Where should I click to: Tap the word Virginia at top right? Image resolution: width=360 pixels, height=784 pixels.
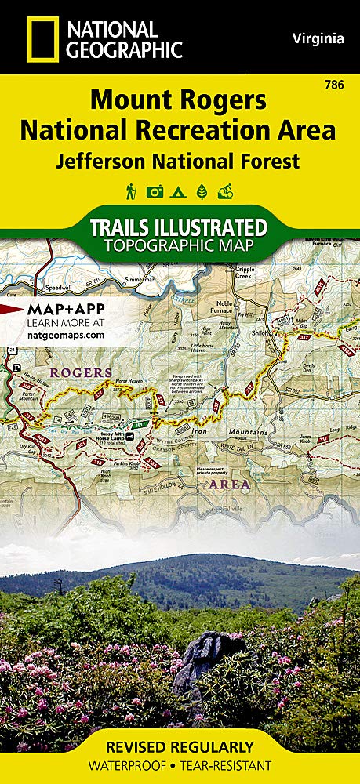[318, 38]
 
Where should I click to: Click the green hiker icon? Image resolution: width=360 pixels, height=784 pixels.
[131, 191]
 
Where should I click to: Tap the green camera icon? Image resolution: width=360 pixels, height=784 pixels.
[155, 191]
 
